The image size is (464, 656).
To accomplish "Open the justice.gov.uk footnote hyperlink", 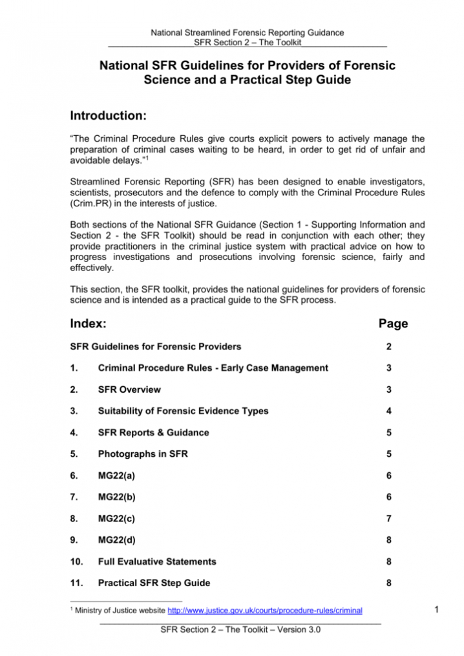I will click(264, 610).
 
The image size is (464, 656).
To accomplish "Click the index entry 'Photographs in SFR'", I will click(142, 454).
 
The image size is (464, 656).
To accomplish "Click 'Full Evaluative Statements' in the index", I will click(156, 561).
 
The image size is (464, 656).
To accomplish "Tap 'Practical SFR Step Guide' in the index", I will click(153, 582).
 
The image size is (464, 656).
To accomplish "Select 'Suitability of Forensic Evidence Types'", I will click(183, 411).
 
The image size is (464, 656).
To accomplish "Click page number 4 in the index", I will click(388, 411).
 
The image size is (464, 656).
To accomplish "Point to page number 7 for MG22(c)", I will click(388, 518).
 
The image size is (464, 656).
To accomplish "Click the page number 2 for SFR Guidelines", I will click(388, 347).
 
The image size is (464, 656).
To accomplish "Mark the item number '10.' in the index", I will click(76, 561).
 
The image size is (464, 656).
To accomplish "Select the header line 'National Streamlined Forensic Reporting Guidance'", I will click(247, 32).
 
